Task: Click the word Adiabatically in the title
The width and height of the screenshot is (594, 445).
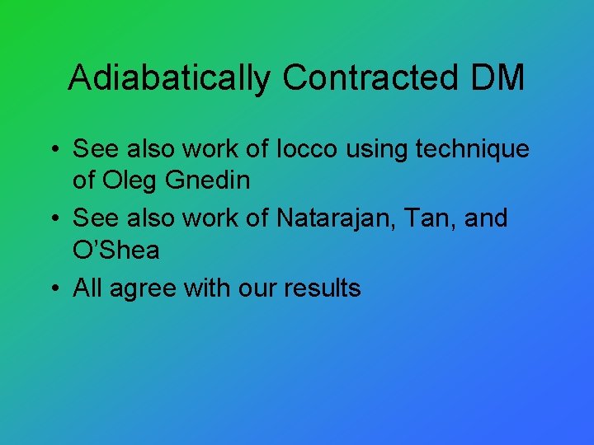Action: point(170,78)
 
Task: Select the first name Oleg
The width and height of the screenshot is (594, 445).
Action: point(130,180)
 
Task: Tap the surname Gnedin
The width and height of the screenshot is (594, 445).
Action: point(210,180)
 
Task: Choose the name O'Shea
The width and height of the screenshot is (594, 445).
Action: point(116,250)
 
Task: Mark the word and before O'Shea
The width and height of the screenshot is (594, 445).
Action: point(487,218)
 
